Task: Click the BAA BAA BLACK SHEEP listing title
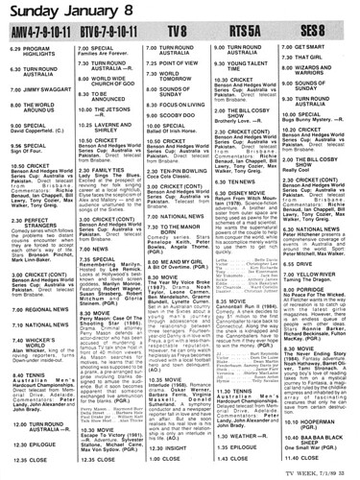(322, 447)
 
